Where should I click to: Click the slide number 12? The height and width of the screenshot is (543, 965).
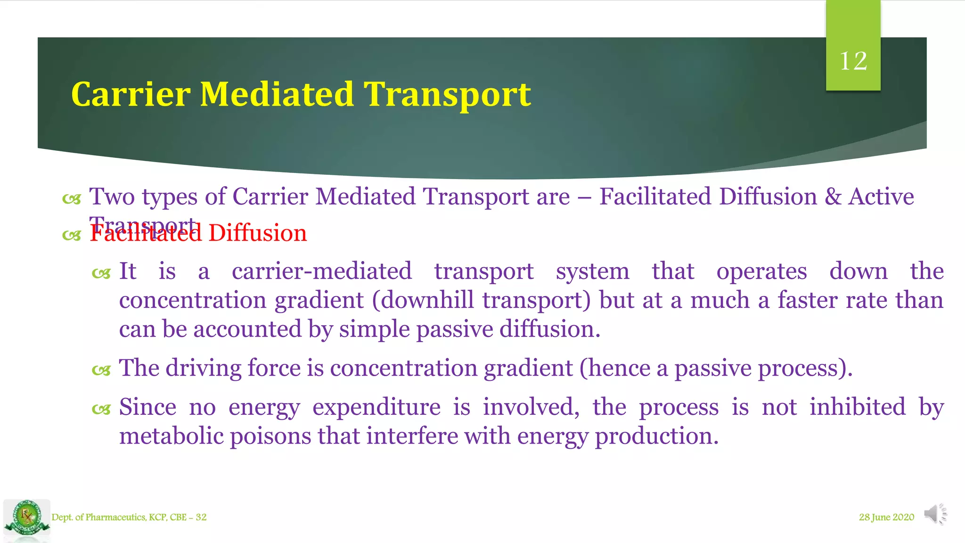tap(853, 61)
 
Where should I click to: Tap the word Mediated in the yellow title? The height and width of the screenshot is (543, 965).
tap(277, 94)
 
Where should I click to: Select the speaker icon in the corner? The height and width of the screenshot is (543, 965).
tap(935, 514)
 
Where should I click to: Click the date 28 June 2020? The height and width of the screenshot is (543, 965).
tap(886, 517)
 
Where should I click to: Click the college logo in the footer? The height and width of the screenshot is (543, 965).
tap(27, 518)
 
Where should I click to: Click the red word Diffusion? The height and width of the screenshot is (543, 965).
tap(257, 233)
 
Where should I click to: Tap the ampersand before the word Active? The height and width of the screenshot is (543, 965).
tap(833, 197)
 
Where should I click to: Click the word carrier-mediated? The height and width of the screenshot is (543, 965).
tap(321, 271)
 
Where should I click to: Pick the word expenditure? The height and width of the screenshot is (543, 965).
tap(376, 407)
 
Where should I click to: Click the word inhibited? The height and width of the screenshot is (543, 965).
tap(858, 407)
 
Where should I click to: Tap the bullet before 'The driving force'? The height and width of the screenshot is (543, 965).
tap(101, 371)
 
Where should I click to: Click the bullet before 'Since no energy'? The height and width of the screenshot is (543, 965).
tap(101, 410)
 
